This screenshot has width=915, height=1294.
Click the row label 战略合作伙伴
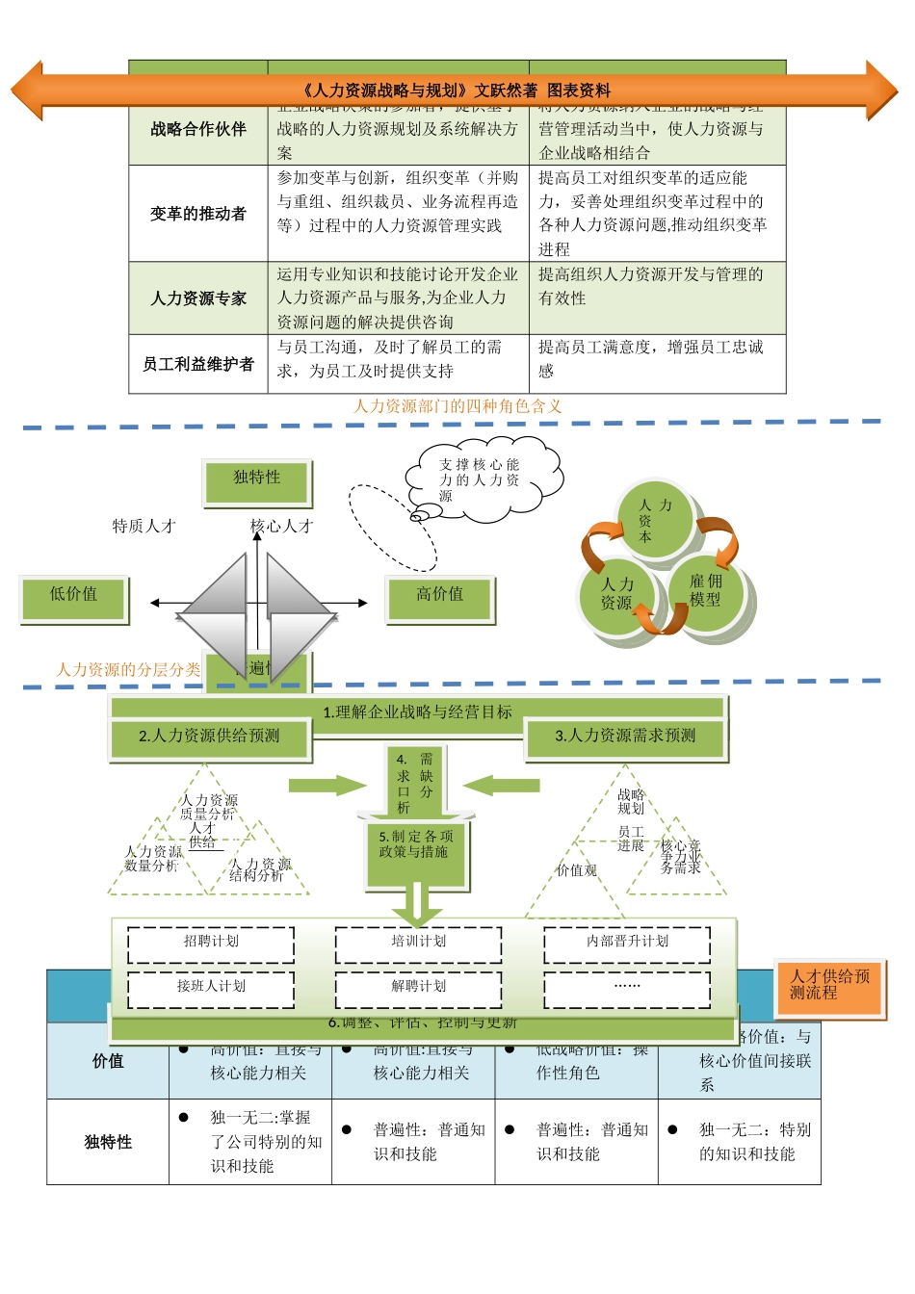pos(197,129)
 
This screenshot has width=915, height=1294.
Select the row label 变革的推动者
pos(197,214)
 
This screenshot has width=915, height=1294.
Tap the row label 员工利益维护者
pos(197,364)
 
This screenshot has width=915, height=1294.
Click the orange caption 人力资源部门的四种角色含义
pos(457,406)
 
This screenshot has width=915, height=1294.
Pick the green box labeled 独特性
pos(257,480)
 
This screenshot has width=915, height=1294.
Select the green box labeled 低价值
pos(73,597)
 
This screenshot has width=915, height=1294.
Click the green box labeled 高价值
pos(439,597)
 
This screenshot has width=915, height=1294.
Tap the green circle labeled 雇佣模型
pos(706,591)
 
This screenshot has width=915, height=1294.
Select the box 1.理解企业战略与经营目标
pos(417,712)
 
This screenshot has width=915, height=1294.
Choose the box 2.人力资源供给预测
pos(209,737)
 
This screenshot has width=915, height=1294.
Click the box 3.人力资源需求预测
pos(625,737)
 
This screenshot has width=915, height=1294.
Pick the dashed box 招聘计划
pos(211,943)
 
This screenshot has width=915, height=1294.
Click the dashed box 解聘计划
pos(418,988)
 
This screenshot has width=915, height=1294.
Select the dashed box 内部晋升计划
pos(627,943)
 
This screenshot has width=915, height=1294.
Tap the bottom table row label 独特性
pos(108,1142)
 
